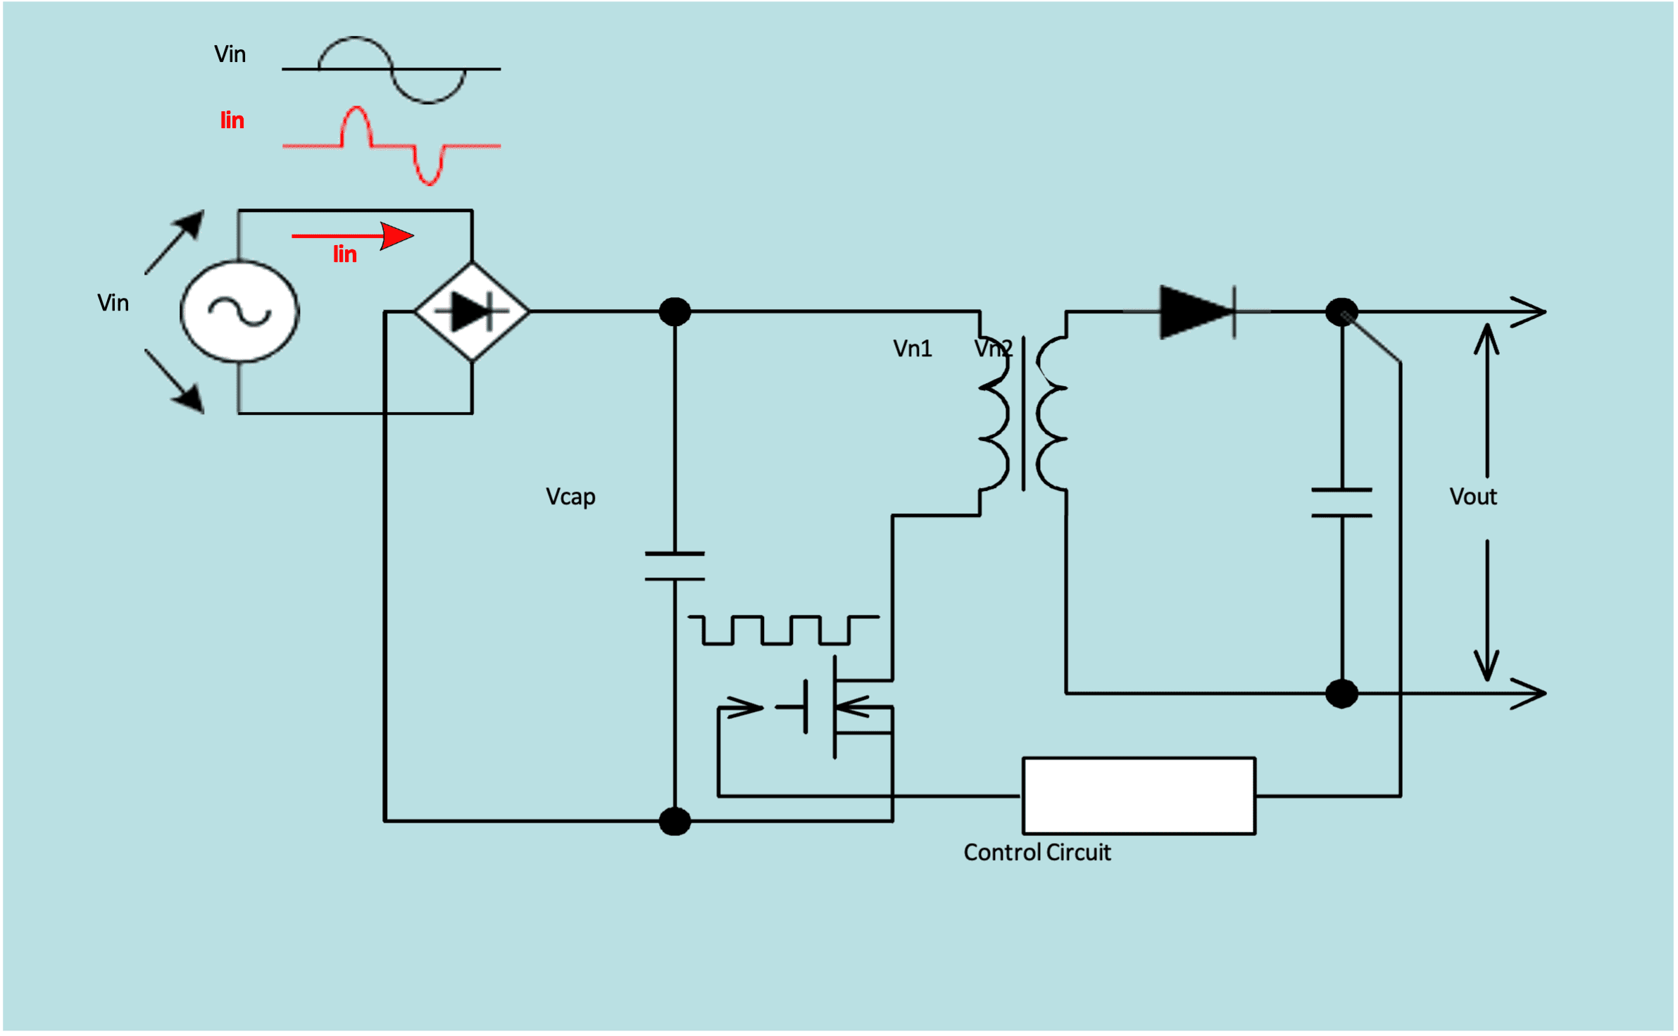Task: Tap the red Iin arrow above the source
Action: pyautogui.click(x=353, y=236)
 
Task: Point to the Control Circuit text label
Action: pyautogui.click(x=1037, y=853)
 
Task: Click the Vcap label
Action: pyautogui.click(x=570, y=497)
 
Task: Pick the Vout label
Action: pyautogui.click(x=1473, y=497)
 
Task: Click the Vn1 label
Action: pyautogui.click(x=913, y=349)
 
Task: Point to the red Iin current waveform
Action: pyautogui.click(x=392, y=146)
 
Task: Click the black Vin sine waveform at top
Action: pyautogui.click(x=392, y=69)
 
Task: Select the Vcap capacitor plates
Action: pyautogui.click(x=675, y=566)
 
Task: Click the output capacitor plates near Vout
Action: pyautogui.click(x=1341, y=503)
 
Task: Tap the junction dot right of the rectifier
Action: pyautogui.click(x=675, y=311)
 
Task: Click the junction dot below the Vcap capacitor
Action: pyautogui.click(x=675, y=821)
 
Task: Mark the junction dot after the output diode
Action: pyautogui.click(x=1341, y=311)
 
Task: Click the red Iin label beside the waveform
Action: pyautogui.click(x=232, y=120)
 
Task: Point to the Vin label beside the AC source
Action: pyautogui.click(x=113, y=303)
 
